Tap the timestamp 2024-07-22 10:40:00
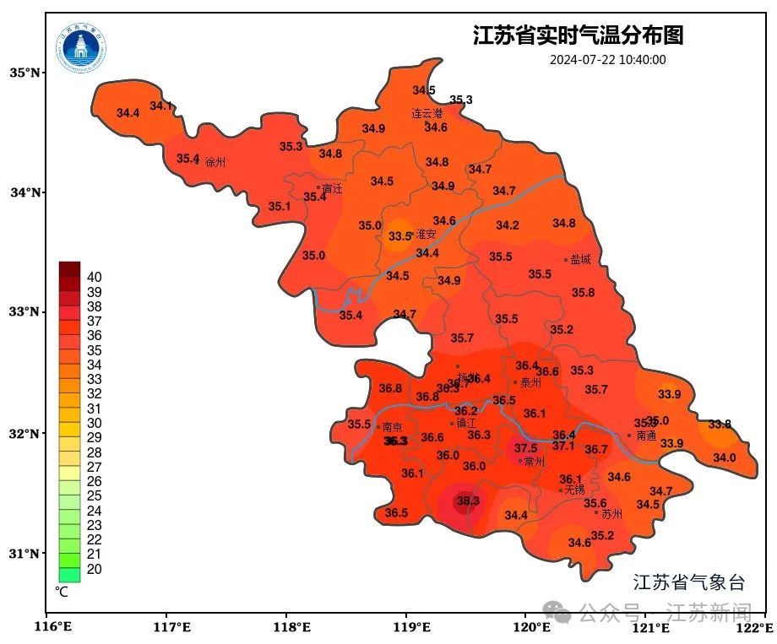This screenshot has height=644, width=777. click(x=607, y=60)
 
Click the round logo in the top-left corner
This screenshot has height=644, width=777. click(x=82, y=48)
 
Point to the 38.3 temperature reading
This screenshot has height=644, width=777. click(x=468, y=501)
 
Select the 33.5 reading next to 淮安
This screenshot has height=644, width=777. click(x=399, y=237)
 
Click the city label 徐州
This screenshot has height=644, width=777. click(x=215, y=162)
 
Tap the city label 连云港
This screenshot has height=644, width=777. click(x=427, y=113)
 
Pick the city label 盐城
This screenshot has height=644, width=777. click(x=580, y=260)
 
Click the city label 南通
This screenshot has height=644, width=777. click(x=646, y=436)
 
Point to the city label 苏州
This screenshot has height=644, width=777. click(x=611, y=513)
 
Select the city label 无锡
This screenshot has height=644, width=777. click(x=574, y=490)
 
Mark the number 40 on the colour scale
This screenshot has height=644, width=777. click(x=95, y=277)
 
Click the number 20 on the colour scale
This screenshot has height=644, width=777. click(x=95, y=569)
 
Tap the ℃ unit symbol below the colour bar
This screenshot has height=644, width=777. click(x=62, y=592)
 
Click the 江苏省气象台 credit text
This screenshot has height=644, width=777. click(x=689, y=582)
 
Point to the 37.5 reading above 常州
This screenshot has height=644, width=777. click(x=526, y=448)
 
